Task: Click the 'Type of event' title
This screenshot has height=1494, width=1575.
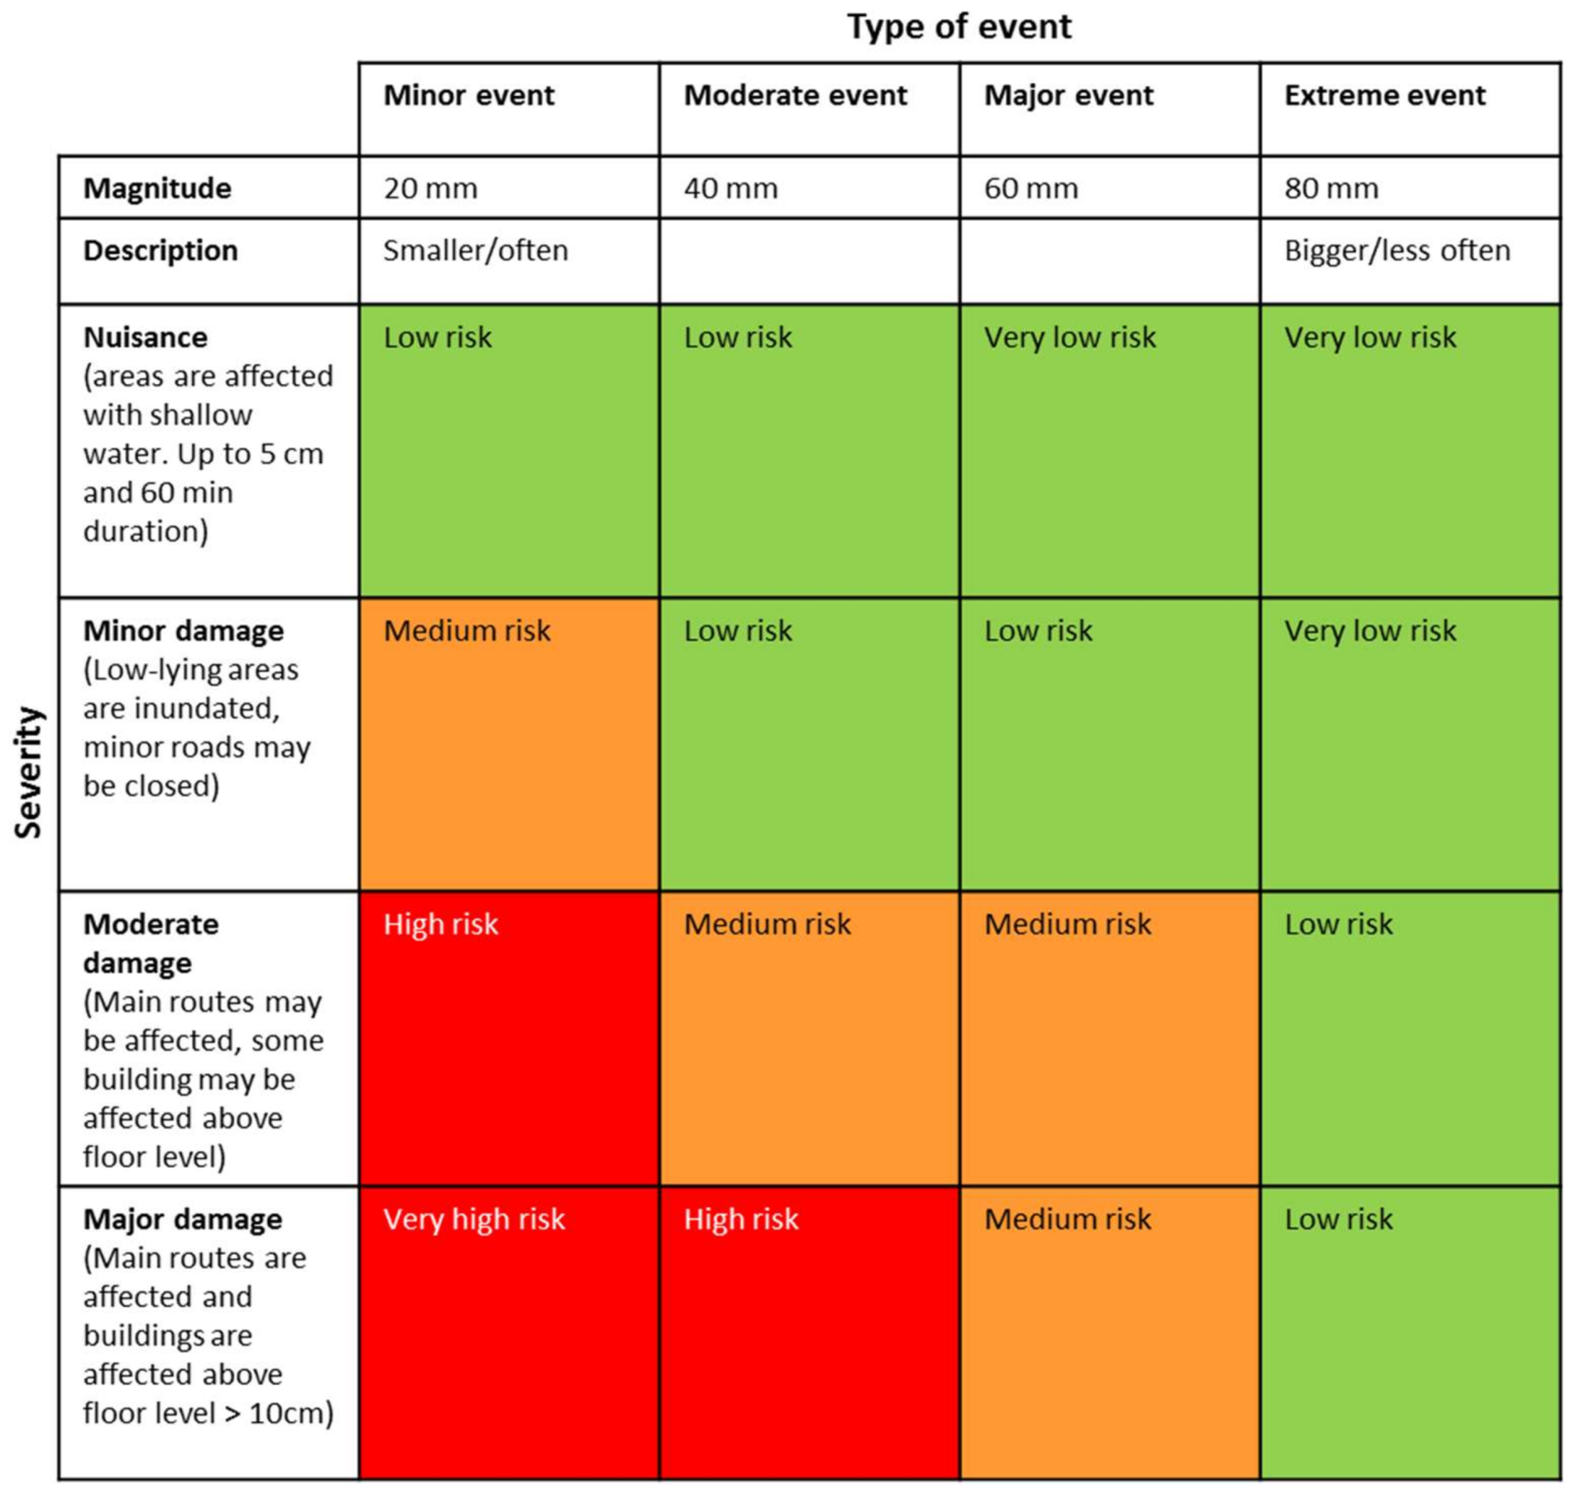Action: tap(959, 27)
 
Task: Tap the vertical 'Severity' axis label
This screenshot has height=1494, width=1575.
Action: tap(29, 772)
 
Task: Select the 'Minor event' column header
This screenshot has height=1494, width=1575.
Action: tap(468, 95)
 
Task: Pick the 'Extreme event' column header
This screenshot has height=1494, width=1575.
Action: tap(1384, 95)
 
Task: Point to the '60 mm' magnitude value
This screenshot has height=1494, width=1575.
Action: tap(1031, 188)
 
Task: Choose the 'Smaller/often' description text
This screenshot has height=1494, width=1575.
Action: tap(475, 251)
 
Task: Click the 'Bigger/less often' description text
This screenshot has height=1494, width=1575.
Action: tap(1397, 251)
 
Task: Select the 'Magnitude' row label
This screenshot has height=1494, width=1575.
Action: tap(157, 188)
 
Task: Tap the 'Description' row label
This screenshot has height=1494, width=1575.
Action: tap(160, 251)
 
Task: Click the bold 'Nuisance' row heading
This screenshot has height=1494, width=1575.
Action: tap(145, 338)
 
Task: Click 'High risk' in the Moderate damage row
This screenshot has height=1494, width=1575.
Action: tap(441, 924)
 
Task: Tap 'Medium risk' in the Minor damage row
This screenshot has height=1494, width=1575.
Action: tap(467, 630)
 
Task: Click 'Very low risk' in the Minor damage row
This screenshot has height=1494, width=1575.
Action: tap(1370, 630)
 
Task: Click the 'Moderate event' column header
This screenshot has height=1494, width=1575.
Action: tap(794, 95)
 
